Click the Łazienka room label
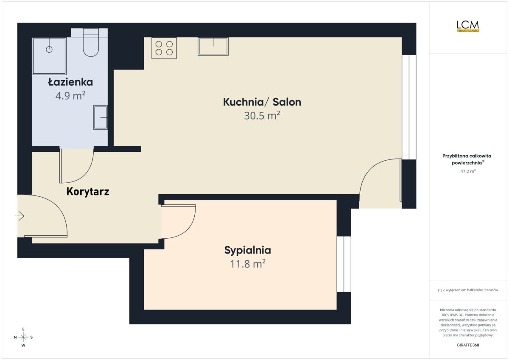[70, 82]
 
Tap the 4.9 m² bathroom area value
[70, 96]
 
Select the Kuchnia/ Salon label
[262, 102]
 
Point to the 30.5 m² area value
[262, 115]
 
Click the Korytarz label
[88, 192]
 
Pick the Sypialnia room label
[247, 250]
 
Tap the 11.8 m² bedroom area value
[248, 264]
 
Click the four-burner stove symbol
[164, 48]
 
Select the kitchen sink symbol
[213, 46]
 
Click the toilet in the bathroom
[91, 42]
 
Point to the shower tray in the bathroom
[49, 56]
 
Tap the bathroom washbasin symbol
[100, 117]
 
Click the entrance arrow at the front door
[20, 215]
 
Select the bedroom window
[344, 264]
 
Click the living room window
[409, 107]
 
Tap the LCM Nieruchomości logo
[468, 26]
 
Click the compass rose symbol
[23, 337]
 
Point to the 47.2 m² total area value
[468, 171]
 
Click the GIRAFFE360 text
[468, 345]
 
